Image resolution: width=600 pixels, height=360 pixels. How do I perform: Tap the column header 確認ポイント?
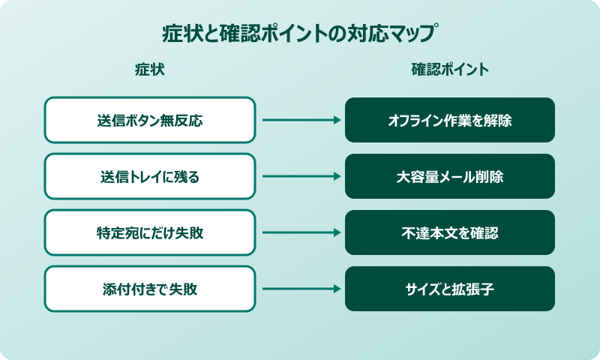tap(450, 70)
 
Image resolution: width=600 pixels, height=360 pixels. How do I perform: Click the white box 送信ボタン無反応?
tap(150, 120)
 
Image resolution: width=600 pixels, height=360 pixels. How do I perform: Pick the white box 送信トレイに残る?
tap(150, 176)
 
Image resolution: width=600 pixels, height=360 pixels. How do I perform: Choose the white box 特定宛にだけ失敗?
tap(150, 232)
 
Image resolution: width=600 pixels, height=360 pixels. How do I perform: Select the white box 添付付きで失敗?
tap(150, 289)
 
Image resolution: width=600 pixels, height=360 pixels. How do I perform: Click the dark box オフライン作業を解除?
tap(450, 120)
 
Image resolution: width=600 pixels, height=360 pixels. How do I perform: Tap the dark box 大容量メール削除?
tap(450, 176)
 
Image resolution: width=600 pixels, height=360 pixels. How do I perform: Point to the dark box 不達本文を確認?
tap(450, 232)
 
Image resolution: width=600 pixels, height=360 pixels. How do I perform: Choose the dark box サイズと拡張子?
tap(450, 289)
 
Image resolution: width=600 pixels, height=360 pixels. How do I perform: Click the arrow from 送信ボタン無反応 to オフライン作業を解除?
tap(300, 120)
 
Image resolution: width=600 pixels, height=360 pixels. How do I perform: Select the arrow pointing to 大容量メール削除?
tap(300, 176)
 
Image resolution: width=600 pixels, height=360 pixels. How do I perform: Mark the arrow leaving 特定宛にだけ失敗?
tap(300, 232)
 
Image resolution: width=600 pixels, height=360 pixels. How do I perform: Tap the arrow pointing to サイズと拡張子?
tap(300, 289)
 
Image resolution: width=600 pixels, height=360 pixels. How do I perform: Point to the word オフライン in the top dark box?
tap(413, 120)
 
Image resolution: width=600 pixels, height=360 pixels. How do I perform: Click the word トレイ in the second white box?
tap(145, 176)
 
